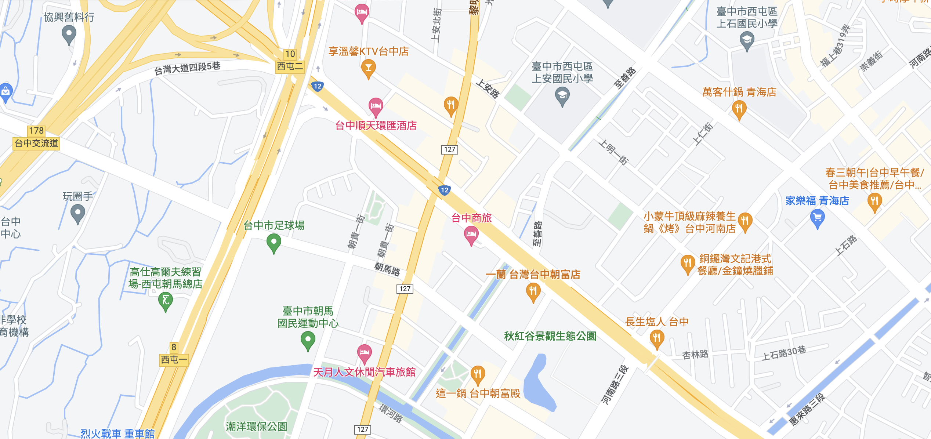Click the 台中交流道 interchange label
pos(36,143)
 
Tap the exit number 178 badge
pos(36,131)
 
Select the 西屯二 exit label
pos(290,66)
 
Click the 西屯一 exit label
pos(174,359)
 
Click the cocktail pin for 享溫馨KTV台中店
pos(368,68)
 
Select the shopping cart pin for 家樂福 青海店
pos(817,218)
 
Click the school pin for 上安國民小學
pos(562,96)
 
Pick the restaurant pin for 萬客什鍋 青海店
pos(739,109)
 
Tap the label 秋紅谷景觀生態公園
pos(550,336)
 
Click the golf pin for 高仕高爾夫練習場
pos(166,301)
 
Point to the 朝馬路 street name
pos(387,269)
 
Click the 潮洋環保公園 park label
pos(256,426)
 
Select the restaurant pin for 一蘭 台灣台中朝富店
pos(533,291)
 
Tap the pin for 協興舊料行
pos(69,35)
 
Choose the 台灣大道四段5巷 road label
pos(187,68)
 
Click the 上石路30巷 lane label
pos(784,353)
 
